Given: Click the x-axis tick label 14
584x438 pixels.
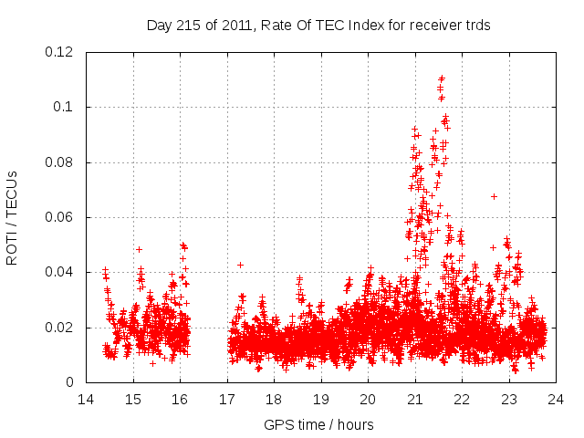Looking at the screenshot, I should pyautogui.click(x=86, y=400).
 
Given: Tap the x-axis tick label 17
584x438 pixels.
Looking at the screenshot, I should pyautogui.click(x=226, y=400).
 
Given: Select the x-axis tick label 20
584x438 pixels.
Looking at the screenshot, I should pyautogui.click(x=368, y=400).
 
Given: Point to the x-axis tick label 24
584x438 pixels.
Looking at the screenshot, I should pyautogui.click(x=556, y=400).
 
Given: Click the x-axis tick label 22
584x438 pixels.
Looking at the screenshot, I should pyautogui.click(x=462, y=400).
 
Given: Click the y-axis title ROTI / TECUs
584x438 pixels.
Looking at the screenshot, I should pyautogui.click(x=12, y=217).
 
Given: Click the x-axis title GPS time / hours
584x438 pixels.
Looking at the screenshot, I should pyautogui.click(x=318, y=424).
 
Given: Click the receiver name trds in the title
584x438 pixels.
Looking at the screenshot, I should pyautogui.click(x=477, y=26).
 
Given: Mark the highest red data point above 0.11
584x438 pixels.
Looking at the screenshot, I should pyautogui.click(x=442, y=78).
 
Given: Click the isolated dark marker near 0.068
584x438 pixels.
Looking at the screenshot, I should pyautogui.click(x=494, y=196).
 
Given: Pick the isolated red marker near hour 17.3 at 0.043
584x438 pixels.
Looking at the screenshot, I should pyautogui.click(x=240, y=265).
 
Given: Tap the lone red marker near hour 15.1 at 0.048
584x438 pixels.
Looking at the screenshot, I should pyautogui.click(x=139, y=249).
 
